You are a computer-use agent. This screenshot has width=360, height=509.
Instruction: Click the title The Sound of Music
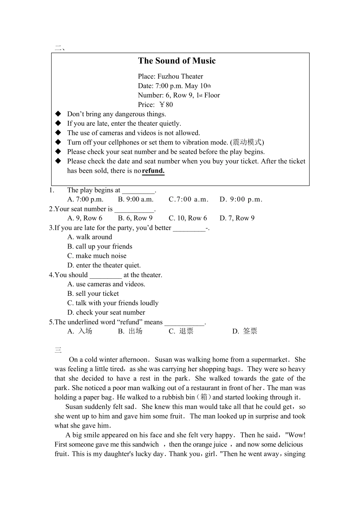177,61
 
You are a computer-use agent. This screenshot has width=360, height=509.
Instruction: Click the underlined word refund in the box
153,171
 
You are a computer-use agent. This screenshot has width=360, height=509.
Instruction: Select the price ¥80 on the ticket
166,105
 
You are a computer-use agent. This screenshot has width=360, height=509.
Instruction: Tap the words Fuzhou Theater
180,77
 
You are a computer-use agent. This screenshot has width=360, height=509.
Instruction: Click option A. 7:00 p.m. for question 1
85,200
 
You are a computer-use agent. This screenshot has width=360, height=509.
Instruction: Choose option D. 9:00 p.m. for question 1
241,200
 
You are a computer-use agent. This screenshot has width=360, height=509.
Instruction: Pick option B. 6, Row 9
135,218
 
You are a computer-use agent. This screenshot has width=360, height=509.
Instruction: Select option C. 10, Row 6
188,218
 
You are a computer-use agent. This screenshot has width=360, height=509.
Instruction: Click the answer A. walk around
90,237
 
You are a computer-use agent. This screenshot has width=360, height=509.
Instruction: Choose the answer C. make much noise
97,256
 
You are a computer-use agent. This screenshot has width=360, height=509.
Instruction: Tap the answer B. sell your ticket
93,294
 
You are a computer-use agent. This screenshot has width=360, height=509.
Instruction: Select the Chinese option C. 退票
181,331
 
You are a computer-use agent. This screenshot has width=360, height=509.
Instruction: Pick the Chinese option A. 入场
80,331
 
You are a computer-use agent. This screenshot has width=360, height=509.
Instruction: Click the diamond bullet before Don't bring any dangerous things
58,114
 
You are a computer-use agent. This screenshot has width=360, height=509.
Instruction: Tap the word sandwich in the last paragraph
146,445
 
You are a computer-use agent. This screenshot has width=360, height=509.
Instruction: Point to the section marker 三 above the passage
58,350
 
